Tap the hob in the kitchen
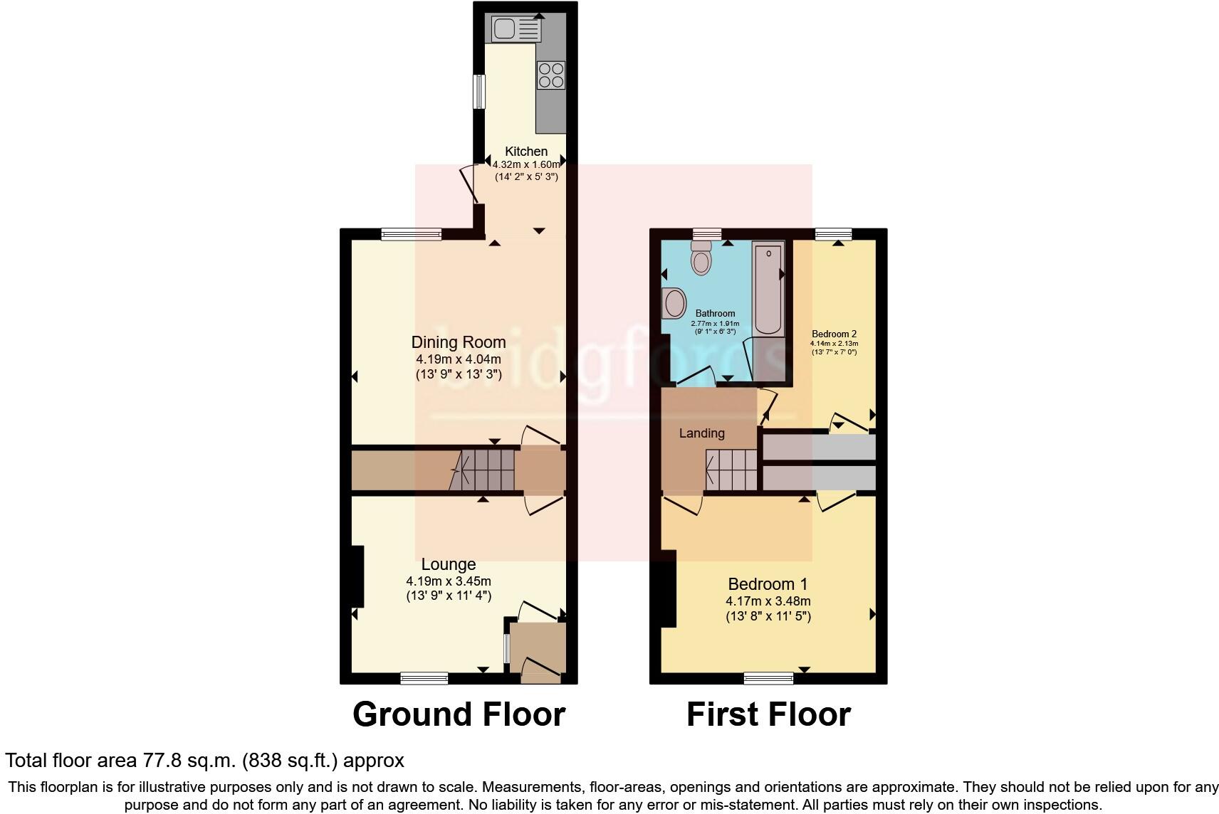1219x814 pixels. pyautogui.click(x=551, y=75)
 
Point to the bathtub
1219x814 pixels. pyautogui.click(x=768, y=290)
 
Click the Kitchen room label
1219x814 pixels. pyautogui.click(x=526, y=152)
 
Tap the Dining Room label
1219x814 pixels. pyautogui.click(x=459, y=342)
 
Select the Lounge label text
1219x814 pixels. pyautogui.click(x=449, y=564)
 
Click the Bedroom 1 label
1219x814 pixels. pyautogui.click(x=768, y=584)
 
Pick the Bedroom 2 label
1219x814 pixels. pyautogui.click(x=834, y=334)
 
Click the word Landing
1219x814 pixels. pyautogui.click(x=701, y=433)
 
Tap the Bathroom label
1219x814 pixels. pyautogui.click(x=715, y=313)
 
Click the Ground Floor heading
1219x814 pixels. pyautogui.click(x=459, y=714)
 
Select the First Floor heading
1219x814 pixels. pyautogui.click(x=768, y=714)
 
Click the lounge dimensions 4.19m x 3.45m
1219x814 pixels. pyautogui.click(x=449, y=581)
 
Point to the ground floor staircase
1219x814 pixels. pyautogui.click(x=484, y=470)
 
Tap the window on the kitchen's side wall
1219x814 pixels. pyautogui.click(x=478, y=92)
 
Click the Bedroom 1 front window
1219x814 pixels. pyautogui.click(x=768, y=678)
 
